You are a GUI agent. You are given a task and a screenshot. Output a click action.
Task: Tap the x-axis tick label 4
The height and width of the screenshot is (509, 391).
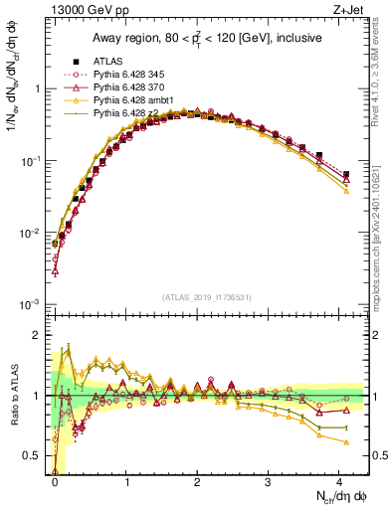tap(339, 479)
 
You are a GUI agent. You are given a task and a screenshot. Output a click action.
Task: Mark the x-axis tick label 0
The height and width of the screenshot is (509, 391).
tap(56, 479)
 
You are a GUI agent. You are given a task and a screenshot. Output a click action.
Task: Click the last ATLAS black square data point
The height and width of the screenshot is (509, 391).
tap(346, 175)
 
